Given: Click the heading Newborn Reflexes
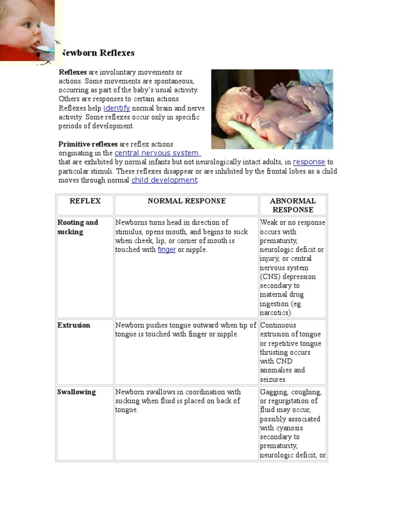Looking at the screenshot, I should click(98, 53).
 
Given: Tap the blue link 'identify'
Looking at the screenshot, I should click(116, 108).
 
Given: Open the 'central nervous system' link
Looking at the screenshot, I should click(156, 153).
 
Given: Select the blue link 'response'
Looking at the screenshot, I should click(309, 162).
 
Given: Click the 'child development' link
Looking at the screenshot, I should click(164, 180).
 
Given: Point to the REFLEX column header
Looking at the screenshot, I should click(85, 201).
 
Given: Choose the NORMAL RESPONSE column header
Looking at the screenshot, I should click(187, 201).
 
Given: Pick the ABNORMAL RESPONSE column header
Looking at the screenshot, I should click(292, 205).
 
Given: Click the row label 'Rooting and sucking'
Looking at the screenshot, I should click(77, 227).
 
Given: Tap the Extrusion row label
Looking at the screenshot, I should click(74, 325).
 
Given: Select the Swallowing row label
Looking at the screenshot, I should click(76, 392).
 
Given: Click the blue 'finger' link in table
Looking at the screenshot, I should click(166, 250).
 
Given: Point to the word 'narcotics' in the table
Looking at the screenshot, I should click(275, 313).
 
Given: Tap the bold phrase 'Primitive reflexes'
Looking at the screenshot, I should click(88, 144).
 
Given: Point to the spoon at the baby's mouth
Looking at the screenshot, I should click(45, 50).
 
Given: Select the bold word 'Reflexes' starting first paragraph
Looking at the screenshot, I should click(73, 72).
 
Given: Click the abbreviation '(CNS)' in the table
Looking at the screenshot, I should click(270, 277).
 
